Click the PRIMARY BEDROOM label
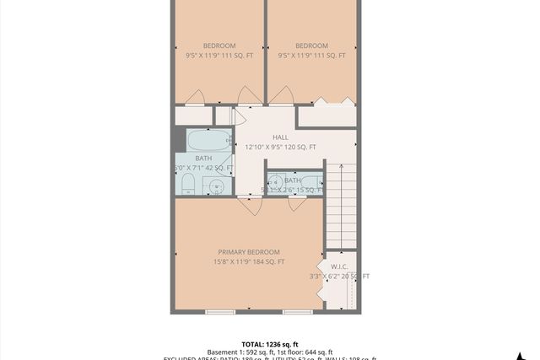249,252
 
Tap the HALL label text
280,137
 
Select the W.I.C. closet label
340,266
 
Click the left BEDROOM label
219,46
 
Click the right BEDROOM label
311,46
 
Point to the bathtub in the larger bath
208,140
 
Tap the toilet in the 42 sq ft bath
188,185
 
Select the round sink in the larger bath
218,185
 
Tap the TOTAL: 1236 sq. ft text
270,344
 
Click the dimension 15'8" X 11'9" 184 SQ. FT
249,262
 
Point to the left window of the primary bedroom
220,312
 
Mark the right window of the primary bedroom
298,312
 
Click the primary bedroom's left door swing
250,205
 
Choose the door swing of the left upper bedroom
195,97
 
